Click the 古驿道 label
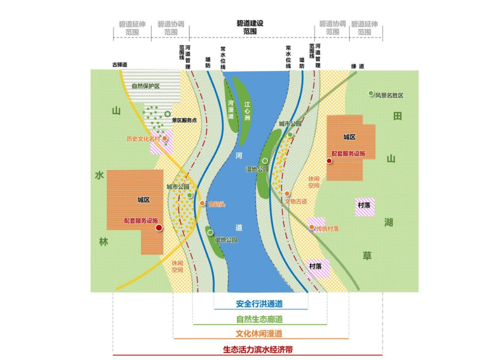[121, 65]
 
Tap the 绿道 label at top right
[358, 66]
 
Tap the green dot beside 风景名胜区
[371, 93]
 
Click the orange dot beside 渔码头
[203, 204]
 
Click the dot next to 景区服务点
[168, 115]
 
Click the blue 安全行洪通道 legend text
[260, 302]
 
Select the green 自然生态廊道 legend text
[260, 318]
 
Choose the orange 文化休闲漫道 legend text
[260, 333]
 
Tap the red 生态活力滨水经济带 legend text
[260, 349]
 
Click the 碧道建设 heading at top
[250, 23]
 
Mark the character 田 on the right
[398, 116]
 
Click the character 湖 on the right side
[389, 223]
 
